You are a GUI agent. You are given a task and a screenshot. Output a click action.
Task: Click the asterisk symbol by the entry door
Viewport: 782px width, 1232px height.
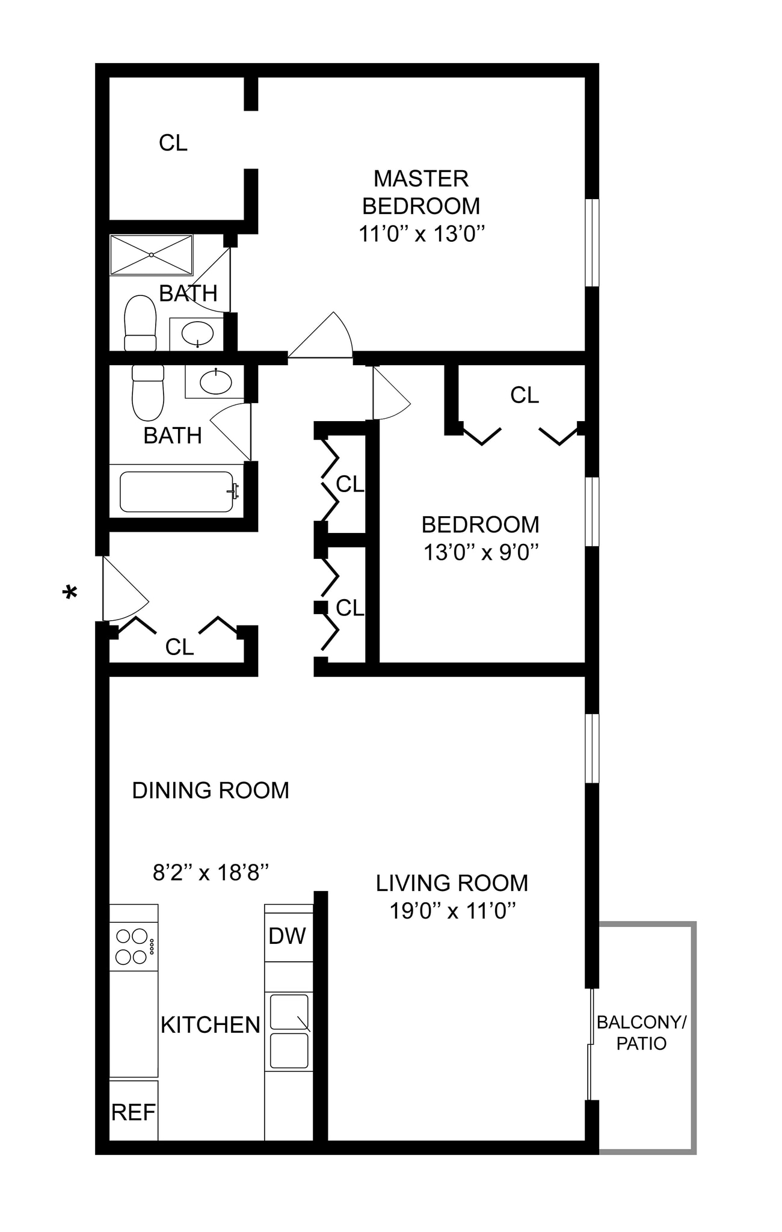point(70,593)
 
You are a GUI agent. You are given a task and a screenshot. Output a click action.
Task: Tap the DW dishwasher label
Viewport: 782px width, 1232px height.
point(287,936)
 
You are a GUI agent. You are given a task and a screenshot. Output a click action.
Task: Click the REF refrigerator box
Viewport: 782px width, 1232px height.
point(134,1112)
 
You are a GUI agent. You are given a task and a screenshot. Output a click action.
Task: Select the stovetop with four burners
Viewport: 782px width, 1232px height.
point(134,946)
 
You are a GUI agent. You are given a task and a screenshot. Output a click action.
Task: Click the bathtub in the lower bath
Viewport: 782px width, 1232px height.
point(177,491)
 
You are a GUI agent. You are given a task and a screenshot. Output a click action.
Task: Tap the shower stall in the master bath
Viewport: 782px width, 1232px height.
point(151,255)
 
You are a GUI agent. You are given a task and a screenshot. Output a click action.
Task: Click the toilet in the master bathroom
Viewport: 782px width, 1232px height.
point(140,323)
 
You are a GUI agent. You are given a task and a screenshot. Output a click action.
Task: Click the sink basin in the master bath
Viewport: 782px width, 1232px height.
point(197,333)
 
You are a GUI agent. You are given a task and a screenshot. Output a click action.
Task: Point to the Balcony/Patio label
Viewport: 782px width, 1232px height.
point(641,1032)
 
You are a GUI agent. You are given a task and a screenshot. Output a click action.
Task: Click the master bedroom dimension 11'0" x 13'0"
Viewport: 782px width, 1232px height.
point(422,233)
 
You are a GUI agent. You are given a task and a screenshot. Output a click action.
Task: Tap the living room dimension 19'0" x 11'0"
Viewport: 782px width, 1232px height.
point(452,911)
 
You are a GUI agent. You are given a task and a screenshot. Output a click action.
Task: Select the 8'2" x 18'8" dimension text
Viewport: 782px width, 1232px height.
point(211,872)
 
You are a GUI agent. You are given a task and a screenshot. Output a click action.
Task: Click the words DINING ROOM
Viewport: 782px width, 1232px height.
point(211,790)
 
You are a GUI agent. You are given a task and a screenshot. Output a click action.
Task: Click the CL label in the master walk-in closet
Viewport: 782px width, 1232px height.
point(173,143)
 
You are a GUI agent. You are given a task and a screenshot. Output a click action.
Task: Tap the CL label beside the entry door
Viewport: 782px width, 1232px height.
point(179,647)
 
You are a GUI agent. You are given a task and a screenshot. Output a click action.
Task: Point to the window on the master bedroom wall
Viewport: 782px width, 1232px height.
point(593,242)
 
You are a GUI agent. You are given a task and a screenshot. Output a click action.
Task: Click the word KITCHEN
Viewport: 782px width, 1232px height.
point(211,1025)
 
